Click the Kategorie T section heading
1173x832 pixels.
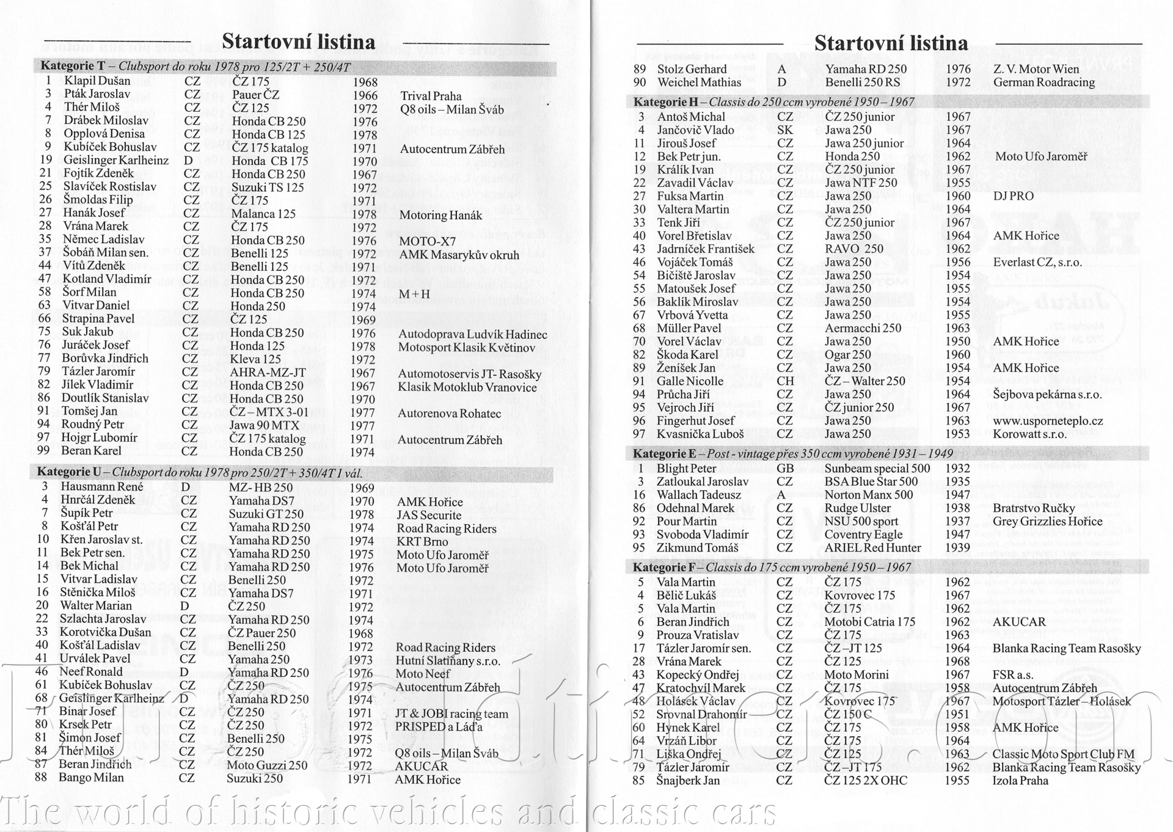pos(195,67)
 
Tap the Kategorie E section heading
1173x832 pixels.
pos(792,454)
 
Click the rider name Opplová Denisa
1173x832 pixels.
pos(104,134)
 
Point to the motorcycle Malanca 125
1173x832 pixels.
pos(263,214)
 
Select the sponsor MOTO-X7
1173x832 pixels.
pos(427,241)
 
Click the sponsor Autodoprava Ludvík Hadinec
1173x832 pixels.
pos(472,334)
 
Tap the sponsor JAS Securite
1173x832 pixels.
pos(429,515)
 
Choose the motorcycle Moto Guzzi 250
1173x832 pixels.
pos(267,765)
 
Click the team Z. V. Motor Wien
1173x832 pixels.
pos(1036,69)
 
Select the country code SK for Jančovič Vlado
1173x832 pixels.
pos(785,130)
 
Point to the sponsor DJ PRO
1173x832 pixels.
pos(1013,196)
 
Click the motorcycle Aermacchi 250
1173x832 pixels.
pos(863,328)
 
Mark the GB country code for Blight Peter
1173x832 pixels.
pos(785,469)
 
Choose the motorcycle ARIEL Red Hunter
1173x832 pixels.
pos(872,548)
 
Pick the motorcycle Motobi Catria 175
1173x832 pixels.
pos(869,622)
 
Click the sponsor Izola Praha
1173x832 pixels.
pos(1020,781)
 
